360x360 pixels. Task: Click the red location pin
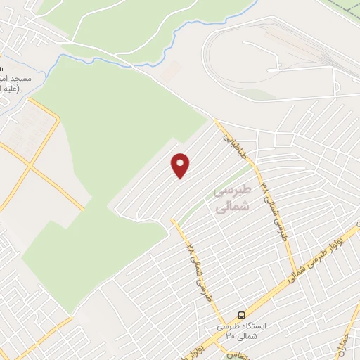tap(181, 165)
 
